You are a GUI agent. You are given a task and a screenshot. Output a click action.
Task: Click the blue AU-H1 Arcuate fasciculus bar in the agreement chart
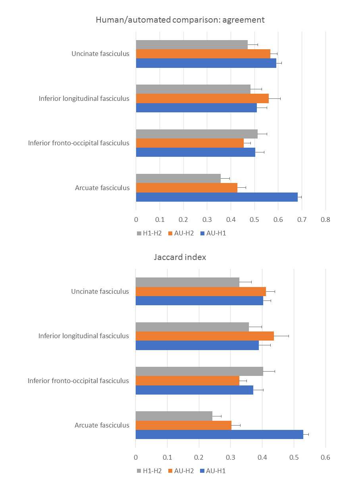[x=217, y=197]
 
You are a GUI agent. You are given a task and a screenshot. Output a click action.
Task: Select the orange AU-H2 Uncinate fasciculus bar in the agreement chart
[x=203, y=54]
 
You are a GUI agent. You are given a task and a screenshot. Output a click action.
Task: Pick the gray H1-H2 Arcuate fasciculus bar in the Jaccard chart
[x=174, y=416]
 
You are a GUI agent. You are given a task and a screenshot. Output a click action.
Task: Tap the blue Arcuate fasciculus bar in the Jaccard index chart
[x=219, y=434]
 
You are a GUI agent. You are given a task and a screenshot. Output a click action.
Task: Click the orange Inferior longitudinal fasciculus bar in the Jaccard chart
[x=204, y=336]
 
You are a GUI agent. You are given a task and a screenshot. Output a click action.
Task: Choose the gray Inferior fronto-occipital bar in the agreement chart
[x=196, y=134]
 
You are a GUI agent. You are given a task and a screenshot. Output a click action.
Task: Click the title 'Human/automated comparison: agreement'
[x=180, y=19]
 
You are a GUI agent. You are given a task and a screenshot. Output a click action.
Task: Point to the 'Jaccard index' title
[x=180, y=257]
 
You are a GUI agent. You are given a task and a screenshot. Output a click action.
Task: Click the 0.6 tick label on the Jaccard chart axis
[x=325, y=457]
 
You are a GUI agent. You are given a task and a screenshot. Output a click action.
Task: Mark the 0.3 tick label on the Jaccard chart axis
[x=230, y=457]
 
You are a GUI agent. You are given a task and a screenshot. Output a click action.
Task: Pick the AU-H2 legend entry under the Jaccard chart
[x=181, y=471]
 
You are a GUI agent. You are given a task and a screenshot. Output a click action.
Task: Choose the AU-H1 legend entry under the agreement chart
[x=213, y=233]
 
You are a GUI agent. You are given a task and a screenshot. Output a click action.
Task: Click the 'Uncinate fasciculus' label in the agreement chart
[x=100, y=54]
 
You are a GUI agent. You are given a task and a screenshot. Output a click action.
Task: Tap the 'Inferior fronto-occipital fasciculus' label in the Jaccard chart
[x=78, y=381]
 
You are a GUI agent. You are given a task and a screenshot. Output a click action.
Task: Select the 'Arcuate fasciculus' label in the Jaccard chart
[x=102, y=425]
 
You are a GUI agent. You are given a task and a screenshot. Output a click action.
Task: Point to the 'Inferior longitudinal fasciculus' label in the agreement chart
[x=84, y=98]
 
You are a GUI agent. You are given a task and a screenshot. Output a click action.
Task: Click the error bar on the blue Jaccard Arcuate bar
[x=306, y=434]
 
